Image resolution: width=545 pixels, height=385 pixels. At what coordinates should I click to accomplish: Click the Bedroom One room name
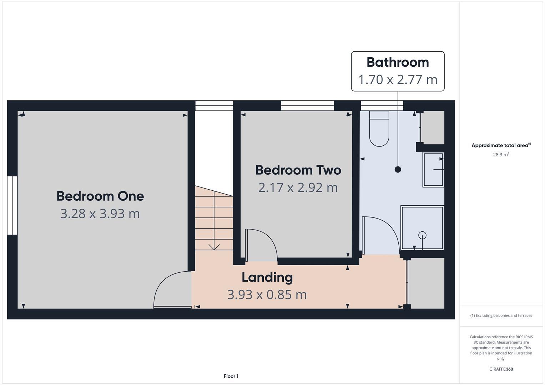100,196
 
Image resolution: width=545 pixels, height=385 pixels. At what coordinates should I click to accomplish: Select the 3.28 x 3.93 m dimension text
100,214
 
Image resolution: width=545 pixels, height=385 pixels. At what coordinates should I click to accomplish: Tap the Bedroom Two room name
298,170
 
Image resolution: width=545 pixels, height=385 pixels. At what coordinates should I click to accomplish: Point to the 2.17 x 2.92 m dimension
298,188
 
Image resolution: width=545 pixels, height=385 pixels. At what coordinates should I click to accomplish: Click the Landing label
267,277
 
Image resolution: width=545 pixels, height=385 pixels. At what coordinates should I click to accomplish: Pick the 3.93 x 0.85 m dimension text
267,295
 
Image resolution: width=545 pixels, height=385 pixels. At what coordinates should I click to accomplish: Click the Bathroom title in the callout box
398,62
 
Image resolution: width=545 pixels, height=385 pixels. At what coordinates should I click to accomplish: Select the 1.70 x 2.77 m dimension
398,79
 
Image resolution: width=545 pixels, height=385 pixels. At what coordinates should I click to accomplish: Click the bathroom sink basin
433,170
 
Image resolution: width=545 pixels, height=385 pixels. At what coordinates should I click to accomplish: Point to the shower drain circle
422,235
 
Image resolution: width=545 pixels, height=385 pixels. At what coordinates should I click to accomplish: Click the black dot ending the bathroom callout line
398,170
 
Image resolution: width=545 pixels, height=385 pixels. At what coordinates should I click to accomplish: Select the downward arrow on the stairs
214,246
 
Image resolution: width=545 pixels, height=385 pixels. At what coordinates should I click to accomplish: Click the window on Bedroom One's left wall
12,205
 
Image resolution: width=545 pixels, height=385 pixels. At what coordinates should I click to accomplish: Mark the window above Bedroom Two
307,106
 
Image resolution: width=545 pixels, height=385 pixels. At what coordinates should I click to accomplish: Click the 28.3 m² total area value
501,155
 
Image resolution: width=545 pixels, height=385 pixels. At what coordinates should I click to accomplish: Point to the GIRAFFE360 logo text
501,369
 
